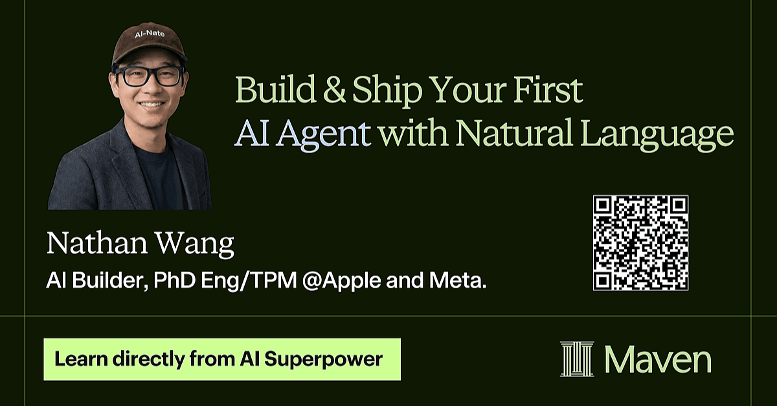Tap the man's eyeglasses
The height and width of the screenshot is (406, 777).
click(x=149, y=76)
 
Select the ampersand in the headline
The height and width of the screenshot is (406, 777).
click(x=334, y=89)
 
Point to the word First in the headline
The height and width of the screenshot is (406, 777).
click(x=548, y=89)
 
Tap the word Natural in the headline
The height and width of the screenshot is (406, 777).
click(x=514, y=132)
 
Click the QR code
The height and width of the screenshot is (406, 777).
click(x=640, y=242)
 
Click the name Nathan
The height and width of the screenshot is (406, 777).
click(x=97, y=243)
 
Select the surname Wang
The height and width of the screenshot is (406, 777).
click(x=195, y=245)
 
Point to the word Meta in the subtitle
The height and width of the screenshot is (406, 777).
click(x=458, y=280)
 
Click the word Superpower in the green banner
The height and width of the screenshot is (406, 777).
click(x=323, y=360)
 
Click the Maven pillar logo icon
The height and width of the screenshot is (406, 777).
click(x=577, y=359)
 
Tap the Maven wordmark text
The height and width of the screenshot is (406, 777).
click(x=658, y=359)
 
